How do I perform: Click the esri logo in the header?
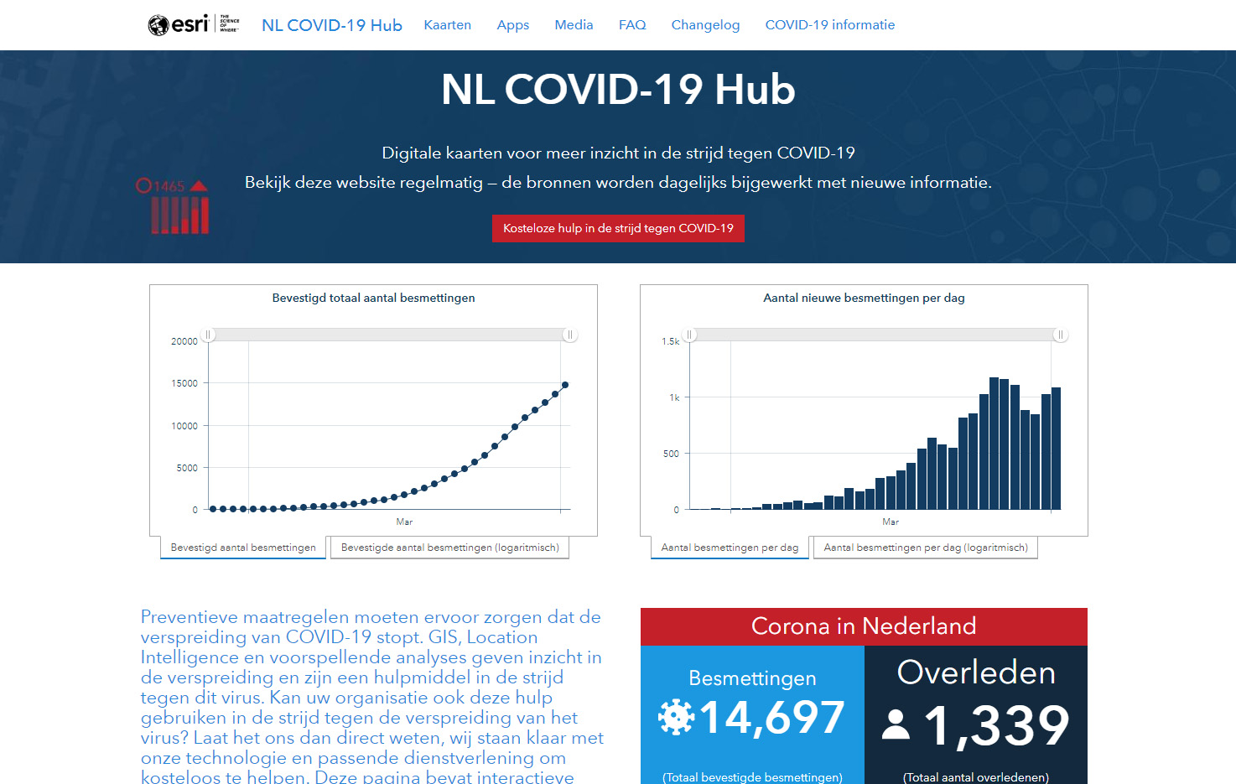179,24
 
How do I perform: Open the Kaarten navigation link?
447,25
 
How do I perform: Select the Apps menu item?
512,25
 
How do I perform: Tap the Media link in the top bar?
574,25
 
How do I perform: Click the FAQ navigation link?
632,25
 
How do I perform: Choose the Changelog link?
705,25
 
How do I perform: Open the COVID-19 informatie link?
829,25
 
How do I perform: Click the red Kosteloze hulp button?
618,228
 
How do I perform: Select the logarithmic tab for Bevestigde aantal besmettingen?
449,548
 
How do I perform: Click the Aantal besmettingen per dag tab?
730,548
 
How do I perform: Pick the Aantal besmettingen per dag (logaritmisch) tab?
926,548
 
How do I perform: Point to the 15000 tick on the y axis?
184,383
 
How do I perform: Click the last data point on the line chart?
565,385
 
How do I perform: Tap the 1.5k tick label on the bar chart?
671,341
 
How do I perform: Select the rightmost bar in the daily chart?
1056,449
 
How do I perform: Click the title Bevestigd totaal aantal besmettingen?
373,298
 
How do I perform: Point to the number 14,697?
771,718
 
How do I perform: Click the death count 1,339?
996,725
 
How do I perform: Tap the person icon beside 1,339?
896,725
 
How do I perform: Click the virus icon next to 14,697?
676,717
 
